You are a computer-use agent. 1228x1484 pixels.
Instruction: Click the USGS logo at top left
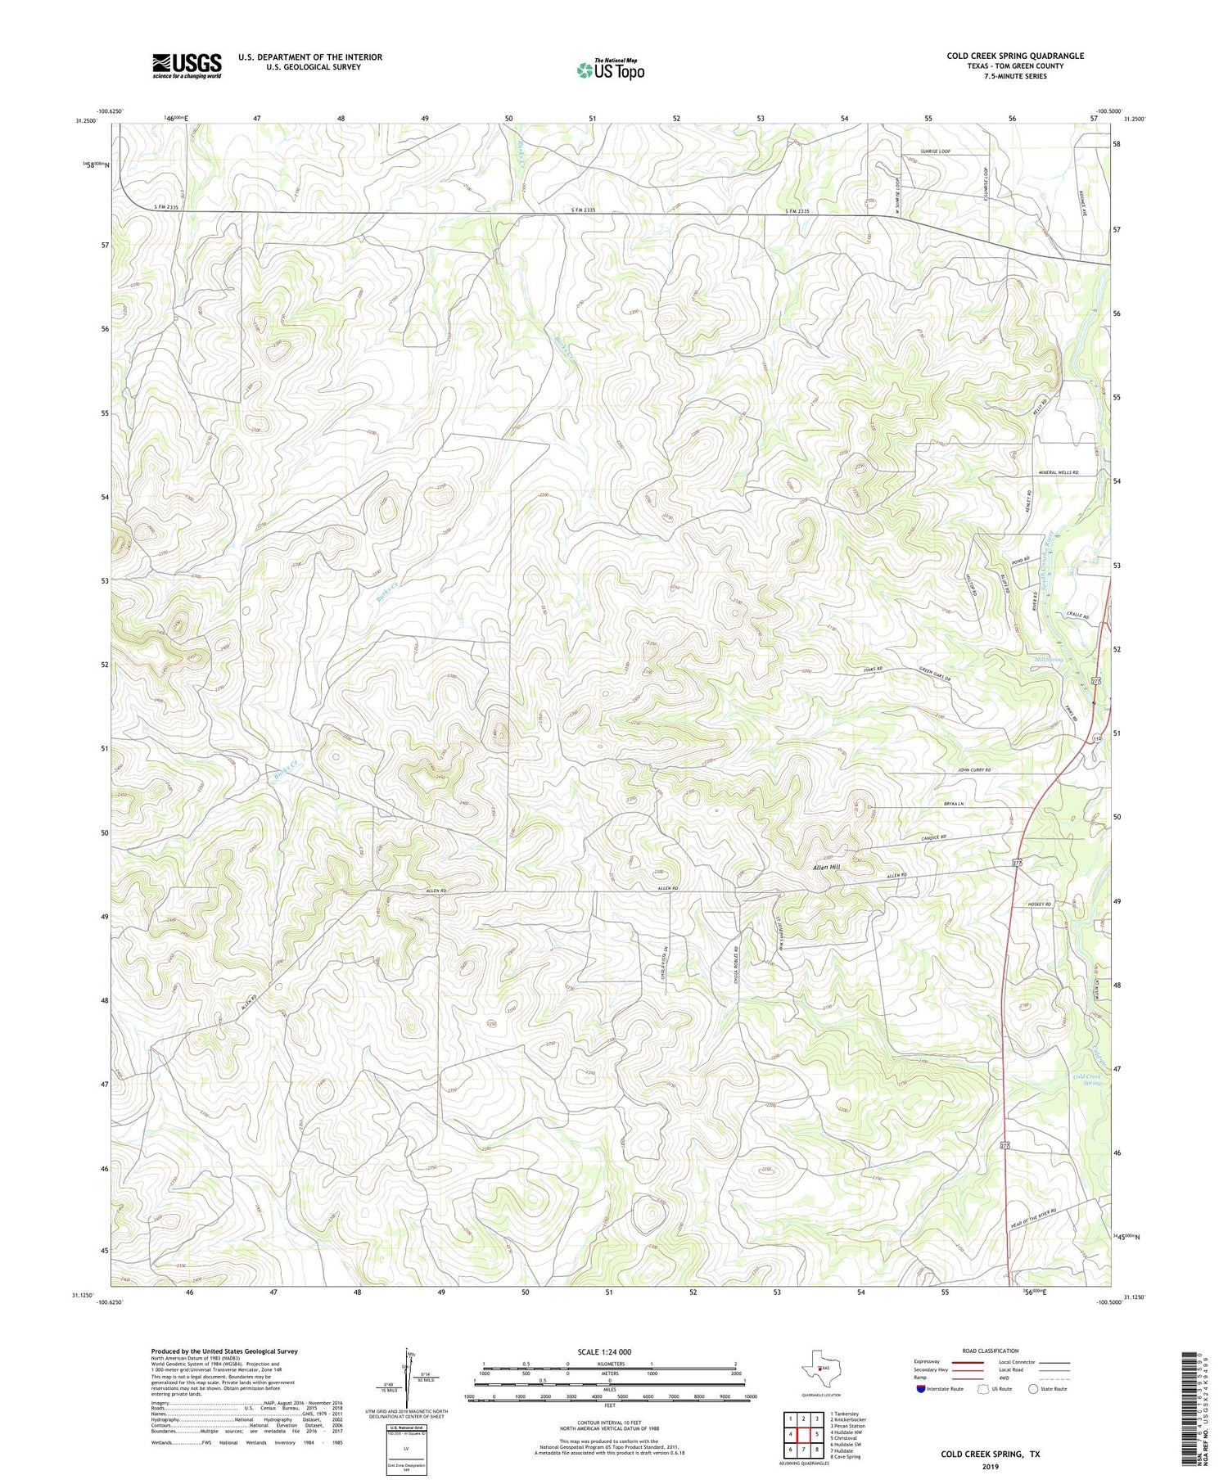coord(187,65)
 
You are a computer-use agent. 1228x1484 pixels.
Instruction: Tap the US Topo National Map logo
coord(609,70)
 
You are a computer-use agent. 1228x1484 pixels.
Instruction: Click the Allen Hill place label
coord(825,867)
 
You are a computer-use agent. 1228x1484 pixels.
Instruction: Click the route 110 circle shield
coord(1097,738)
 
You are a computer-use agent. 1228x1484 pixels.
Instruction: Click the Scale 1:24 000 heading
coord(609,1351)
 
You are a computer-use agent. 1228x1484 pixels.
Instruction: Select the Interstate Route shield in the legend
coord(921,1388)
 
